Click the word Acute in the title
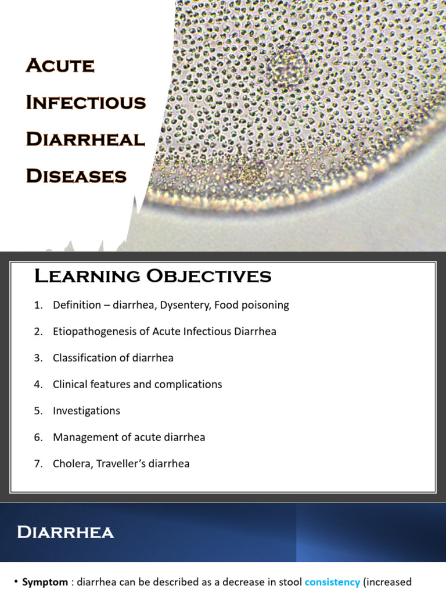click(60, 66)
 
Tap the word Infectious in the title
click(85, 102)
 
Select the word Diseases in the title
click(75, 175)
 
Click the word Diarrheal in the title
click(85, 139)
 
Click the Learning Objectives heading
click(153, 277)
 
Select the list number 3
click(38, 358)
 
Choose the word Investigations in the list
click(87, 411)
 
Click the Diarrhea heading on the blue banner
click(65, 532)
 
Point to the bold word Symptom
click(45, 582)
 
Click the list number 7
click(38, 464)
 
